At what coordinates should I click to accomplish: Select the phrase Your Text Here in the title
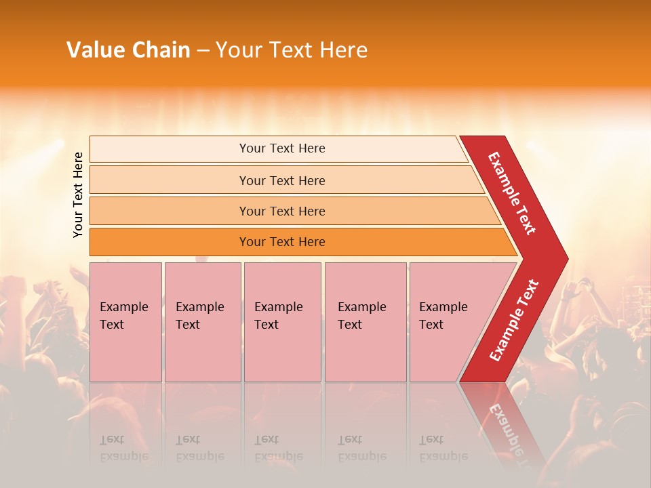click(x=292, y=50)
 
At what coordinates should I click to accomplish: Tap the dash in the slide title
click(x=203, y=51)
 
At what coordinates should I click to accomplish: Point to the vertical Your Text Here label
click(x=78, y=195)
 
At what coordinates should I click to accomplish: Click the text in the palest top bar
click(x=282, y=148)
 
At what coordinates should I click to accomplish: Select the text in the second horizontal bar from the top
click(x=282, y=181)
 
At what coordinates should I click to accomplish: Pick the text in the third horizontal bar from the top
click(x=282, y=211)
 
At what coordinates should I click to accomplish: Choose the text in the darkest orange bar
click(x=282, y=242)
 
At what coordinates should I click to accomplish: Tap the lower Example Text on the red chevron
click(x=514, y=320)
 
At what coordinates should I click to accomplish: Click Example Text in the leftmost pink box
click(x=123, y=316)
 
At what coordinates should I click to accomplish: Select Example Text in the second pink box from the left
click(x=199, y=316)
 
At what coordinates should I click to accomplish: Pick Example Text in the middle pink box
click(x=278, y=316)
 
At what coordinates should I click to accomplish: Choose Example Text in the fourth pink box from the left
click(x=361, y=316)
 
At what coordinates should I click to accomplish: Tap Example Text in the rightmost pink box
click(x=443, y=316)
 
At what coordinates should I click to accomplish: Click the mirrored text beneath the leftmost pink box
click(x=123, y=448)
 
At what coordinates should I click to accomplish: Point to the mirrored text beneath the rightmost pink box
click(x=443, y=448)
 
